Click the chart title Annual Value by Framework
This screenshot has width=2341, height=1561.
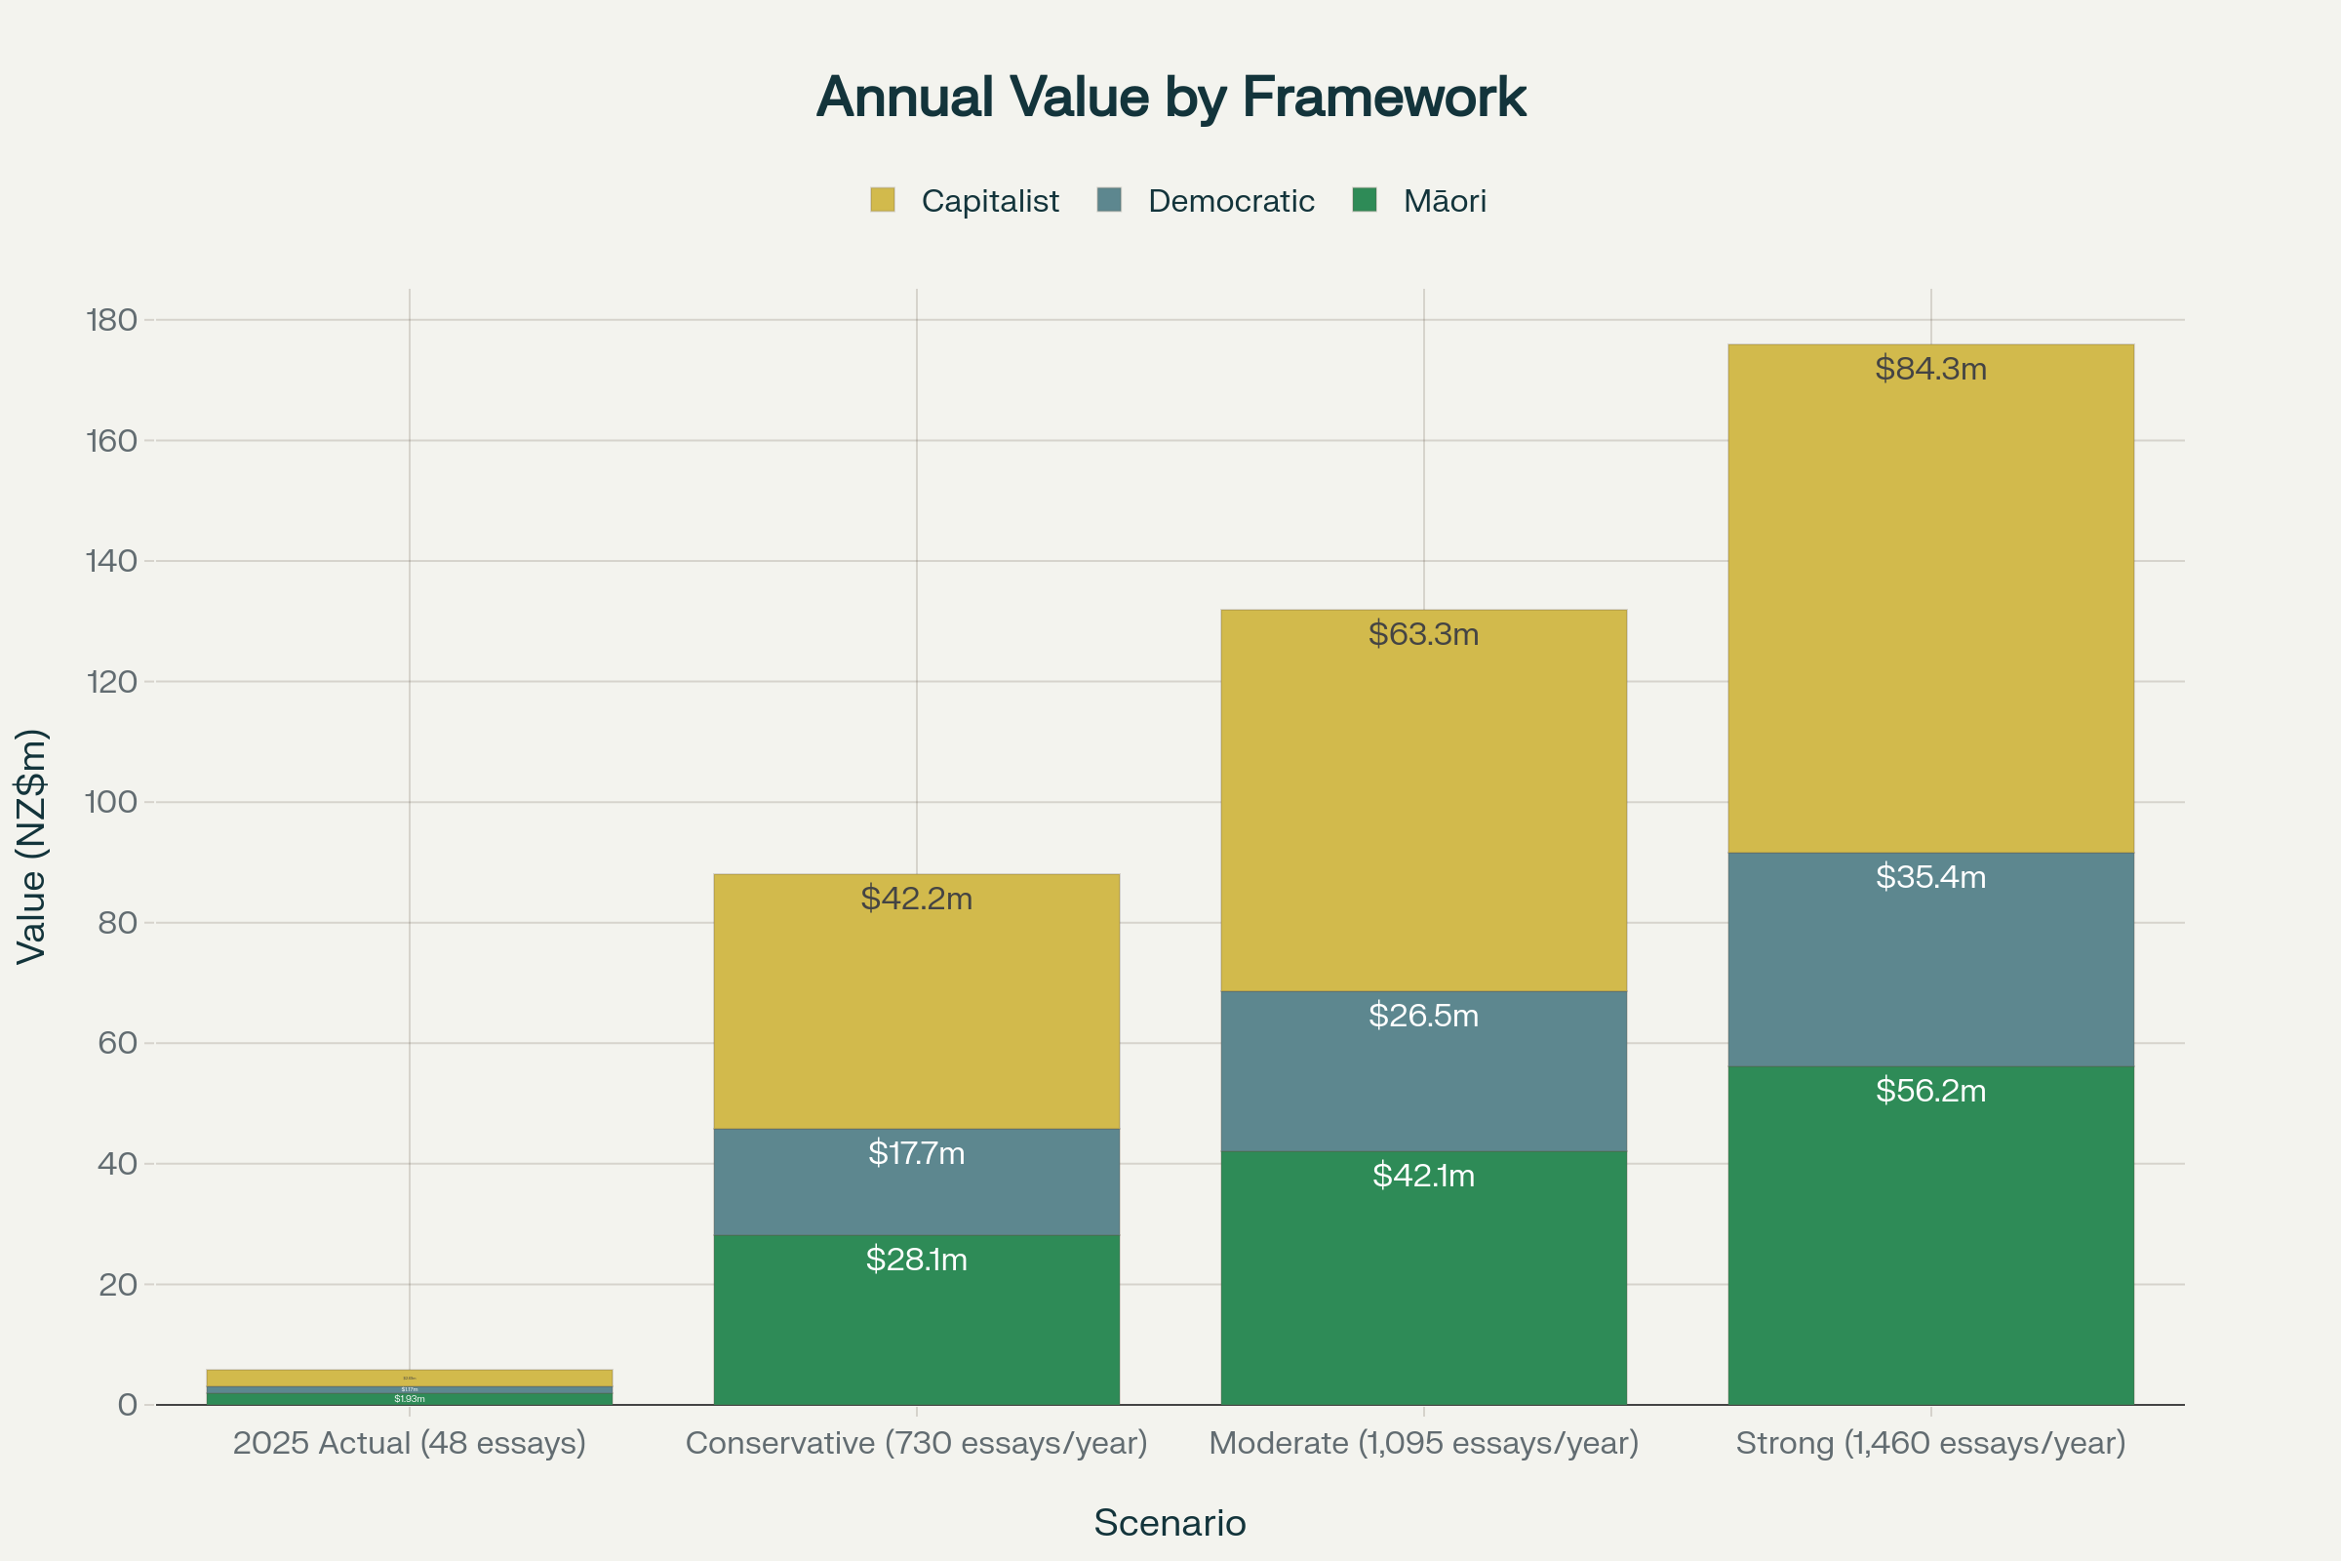pos(1170,98)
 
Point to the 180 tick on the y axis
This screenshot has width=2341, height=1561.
pos(111,320)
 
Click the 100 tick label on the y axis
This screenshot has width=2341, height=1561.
pos(111,801)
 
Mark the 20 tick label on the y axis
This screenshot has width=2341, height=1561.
pos(117,1284)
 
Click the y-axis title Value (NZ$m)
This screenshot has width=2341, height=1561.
pos(32,846)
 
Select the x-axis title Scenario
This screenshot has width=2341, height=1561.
pos(1170,1523)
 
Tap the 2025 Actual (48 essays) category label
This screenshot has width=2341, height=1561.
pos(409,1443)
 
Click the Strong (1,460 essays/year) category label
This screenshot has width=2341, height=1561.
pos(1930,1443)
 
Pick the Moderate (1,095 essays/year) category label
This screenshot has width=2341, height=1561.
pos(1423,1443)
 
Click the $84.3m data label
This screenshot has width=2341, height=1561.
pos(1930,370)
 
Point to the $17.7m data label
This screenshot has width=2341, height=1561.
pos(916,1153)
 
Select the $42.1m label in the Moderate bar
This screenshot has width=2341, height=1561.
pos(1423,1176)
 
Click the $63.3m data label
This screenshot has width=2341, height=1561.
pos(1423,634)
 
